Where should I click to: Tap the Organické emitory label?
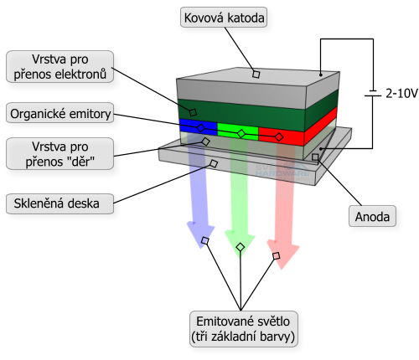(59, 113)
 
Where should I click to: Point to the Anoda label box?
(370, 217)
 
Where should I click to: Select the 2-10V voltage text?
(401, 95)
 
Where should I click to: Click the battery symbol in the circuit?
(371, 95)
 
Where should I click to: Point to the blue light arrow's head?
(199, 234)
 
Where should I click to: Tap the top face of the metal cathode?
(256, 77)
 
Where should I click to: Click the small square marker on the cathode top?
(256, 74)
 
